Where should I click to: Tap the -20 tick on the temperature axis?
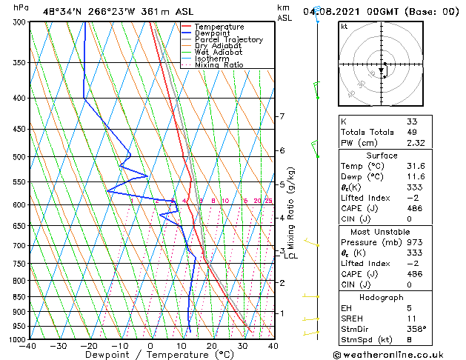coord(89,345)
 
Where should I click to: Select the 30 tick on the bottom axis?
coord(242,345)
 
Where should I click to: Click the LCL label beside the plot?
coord(291,256)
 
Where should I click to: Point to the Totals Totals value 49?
coord(413,132)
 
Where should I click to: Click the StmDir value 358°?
coord(416,329)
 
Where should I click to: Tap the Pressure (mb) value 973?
coord(413,241)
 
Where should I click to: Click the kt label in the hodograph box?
coord(344,26)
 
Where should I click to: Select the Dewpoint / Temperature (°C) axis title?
coord(150,355)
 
